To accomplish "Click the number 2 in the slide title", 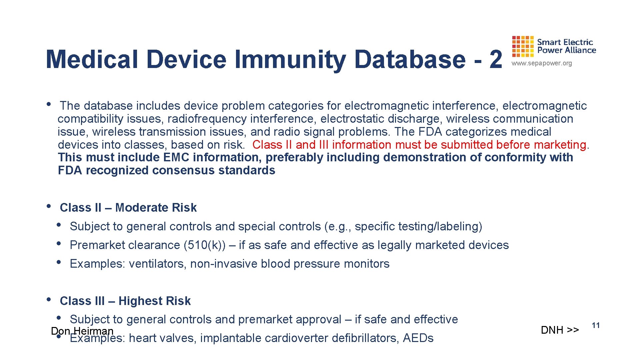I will pos(495,59).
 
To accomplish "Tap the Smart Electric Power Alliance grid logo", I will pos(523,47).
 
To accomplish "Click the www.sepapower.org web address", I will pos(542,63).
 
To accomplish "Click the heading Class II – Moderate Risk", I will pos(128,208).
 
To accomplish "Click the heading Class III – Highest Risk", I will pos(125,301).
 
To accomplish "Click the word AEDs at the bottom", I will pos(418,338).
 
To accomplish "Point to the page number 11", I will pos(596,325).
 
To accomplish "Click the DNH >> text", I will pos(560,330).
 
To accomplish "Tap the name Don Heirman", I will pos(82,331).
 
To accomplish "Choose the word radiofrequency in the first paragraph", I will pos(207,119).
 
